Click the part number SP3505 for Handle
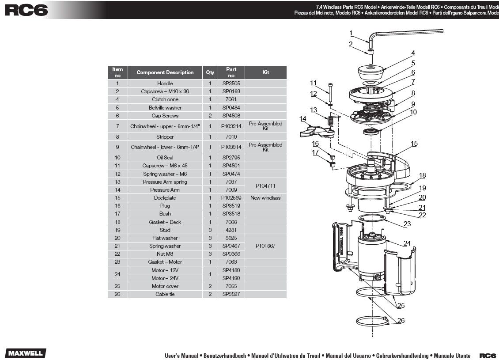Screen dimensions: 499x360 pyautogui.click(x=231, y=83)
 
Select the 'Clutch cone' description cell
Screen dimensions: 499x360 pyautogui.click(x=165, y=99)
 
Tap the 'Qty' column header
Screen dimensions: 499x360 pyautogui.click(x=210, y=72)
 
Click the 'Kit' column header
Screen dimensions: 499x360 pyautogui.click(x=265, y=72)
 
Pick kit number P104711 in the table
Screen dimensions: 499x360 pyautogui.click(x=265, y=186)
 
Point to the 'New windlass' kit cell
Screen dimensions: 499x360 pyautogui.click(x=265, y=197)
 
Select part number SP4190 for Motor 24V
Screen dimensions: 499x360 pyautogui.click(x=231, y=278)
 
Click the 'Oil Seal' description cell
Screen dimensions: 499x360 pyautogui.click(x=165, y=158)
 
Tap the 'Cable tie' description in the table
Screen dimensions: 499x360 pyautogui.click(x=165, y=294)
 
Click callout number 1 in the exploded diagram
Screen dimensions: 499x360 pyautogui.click(x=351, y=33)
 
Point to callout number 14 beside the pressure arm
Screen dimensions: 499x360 pyautogui.click(x=302, y=119)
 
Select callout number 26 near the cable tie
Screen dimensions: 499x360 pyautogui.click(x=401, y=321)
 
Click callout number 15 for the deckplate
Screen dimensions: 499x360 pyautogui.click(x=414, y=144)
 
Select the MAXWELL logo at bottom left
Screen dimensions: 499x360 pyautogui.click(x=26, y=353)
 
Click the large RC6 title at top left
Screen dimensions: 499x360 pyautogui.click(x=26, y=10)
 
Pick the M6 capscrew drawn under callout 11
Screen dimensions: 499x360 pyautogui.click(x=331, y=92)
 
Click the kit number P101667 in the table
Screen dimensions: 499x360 pyautogui.click(x=265, y=246)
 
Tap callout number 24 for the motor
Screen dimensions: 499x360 pyautogui.click(x=407, y=243)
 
